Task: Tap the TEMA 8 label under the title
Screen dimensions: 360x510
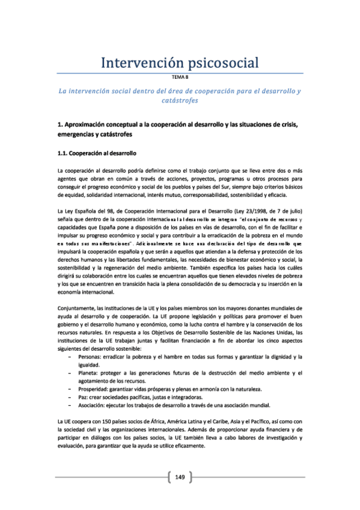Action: pyautogui.click(x=180, y=78)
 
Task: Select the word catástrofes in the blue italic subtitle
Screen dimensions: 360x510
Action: pyautogui.click(x=180, y=100)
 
